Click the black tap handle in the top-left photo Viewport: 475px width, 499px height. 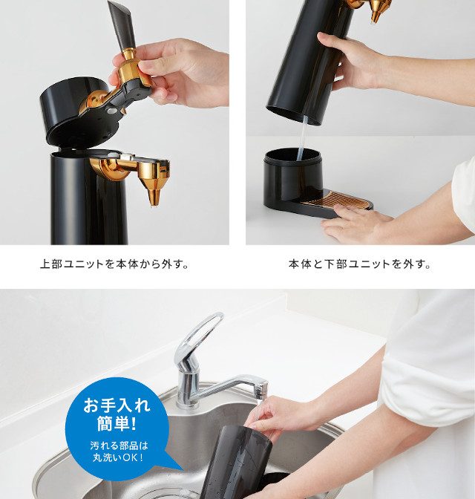pyautogui.click(x=121, y=25)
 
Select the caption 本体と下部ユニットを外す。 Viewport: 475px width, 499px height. pyautogui.click(x=360, y=264)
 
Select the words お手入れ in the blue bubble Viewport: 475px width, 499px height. pyautogui.click(x=117, y=405)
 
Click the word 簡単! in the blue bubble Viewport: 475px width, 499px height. pyautogui.click(x=117, y=423)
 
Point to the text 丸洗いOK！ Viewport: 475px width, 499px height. pyautogui.click(x=117, y=457)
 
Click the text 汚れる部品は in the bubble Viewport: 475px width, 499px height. pyautogui.click(x=119, y=446)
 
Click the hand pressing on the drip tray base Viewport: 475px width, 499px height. pyautogui.click(x=353, y=223)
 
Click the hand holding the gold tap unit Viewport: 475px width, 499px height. pyautogui.click(x=174, y=71)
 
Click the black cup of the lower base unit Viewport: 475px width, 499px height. pyautogui.click(x=293, y=178)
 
